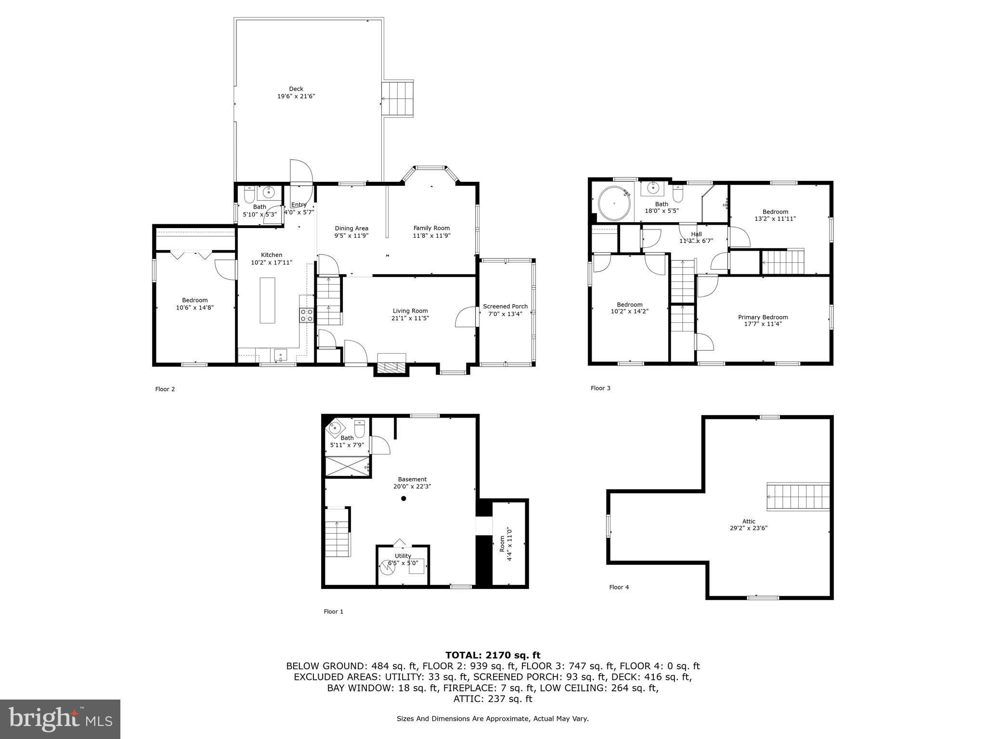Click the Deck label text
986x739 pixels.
[x=296, y=89]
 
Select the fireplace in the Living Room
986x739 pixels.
[x=391, y=365]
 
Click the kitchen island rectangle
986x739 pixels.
[x=267, y=300]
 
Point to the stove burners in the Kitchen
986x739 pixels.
[x=306, y=315]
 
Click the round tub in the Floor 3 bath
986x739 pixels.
[x=615, y=204]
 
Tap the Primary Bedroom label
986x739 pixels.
[x=763, y=317]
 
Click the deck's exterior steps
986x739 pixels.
[x=398, y=98]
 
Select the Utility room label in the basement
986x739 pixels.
[x=403, y=556]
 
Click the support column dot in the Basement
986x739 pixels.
[x=403, y=498]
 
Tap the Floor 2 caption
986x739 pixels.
[x=165, y=389]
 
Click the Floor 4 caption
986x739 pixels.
[x=619, y=587]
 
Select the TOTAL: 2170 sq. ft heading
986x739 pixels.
[x=493, y=655]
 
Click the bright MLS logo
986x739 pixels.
[x=60, y=719]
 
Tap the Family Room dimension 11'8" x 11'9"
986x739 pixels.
[x=431, y=236]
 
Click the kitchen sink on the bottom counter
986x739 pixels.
[x=281, y=355]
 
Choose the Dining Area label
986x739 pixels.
[x=351, y=229]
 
